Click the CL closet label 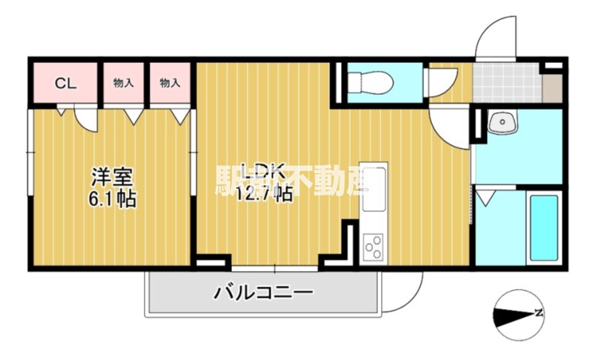65,83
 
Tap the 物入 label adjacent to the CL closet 123,83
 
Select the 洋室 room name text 112,177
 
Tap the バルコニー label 263,292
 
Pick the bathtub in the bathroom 543,227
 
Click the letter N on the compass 540,313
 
